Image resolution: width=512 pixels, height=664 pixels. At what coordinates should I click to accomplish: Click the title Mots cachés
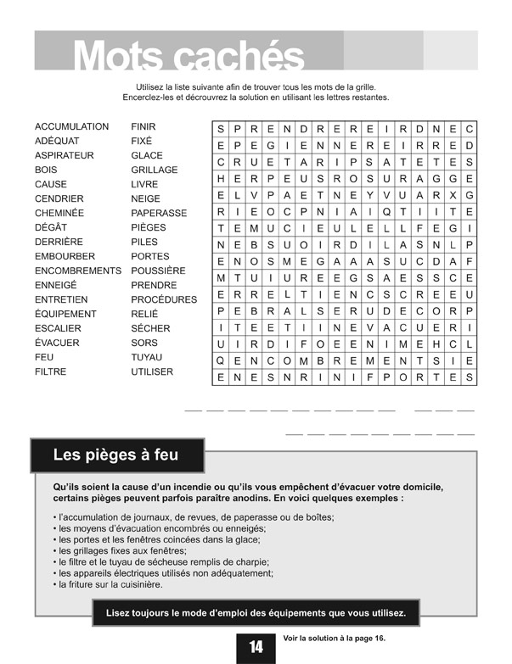188,57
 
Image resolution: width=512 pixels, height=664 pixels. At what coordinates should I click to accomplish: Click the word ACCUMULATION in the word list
71,126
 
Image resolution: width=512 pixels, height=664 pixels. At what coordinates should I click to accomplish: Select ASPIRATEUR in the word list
64,155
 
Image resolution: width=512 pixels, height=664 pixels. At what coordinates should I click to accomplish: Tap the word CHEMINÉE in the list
59,213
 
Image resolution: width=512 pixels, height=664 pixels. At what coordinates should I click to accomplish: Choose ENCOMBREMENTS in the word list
78,271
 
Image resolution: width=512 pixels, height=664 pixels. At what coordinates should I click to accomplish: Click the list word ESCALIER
59,328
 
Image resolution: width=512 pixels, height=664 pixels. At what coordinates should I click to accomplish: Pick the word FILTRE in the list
51,371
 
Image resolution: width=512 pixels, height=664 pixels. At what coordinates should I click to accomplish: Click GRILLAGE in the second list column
154,170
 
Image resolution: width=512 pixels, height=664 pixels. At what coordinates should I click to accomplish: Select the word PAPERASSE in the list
159,213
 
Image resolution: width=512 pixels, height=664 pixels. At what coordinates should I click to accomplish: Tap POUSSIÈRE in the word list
158,271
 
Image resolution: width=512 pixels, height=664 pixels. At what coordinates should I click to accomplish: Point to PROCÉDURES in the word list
164,299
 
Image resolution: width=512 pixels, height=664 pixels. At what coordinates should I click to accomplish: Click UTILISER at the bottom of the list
152,371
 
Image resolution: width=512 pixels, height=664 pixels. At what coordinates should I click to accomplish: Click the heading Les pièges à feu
115,455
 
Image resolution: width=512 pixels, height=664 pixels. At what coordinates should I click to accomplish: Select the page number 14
256,647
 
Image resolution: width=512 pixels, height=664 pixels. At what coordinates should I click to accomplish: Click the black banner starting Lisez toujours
256,612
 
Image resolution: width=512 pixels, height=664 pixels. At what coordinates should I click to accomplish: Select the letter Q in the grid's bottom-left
221,360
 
